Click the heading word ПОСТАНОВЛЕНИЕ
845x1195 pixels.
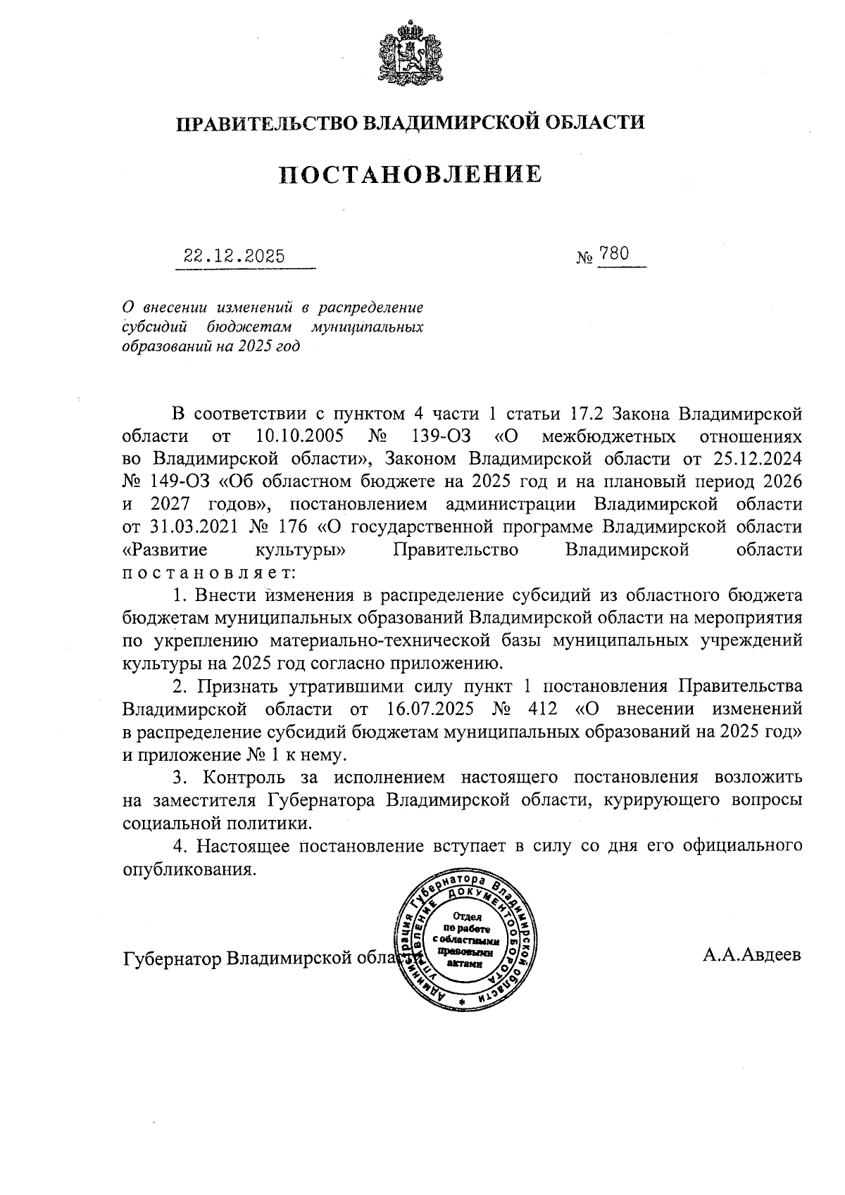coord(411,174)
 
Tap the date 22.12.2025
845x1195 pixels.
coord(234,256)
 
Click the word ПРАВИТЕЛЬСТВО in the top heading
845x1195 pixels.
coord(265,123)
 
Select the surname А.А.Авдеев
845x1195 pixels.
coord(751,956)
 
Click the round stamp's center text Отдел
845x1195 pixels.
coord(467,917)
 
